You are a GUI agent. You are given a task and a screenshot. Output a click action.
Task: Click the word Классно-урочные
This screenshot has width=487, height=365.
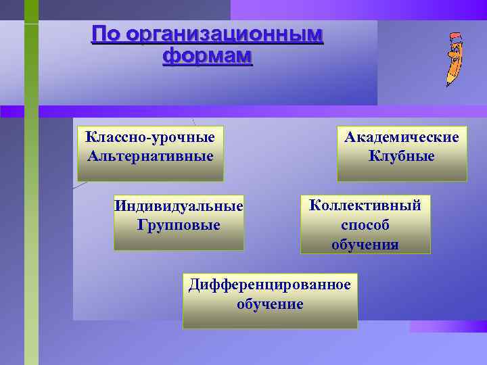tap(149, 137)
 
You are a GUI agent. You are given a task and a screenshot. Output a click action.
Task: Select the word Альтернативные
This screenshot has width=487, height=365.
tap(149, 156)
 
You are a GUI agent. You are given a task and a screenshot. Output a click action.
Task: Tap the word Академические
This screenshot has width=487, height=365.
tap(402, 137)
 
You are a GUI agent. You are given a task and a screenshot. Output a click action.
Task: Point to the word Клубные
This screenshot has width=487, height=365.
tap(402, 156)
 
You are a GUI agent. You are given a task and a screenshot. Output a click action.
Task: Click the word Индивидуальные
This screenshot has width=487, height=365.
tap(179, 205)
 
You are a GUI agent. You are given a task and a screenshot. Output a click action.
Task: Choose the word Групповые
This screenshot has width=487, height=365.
tap(179, 224)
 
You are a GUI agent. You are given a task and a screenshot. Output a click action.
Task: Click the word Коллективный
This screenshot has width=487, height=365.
tap(365, 205)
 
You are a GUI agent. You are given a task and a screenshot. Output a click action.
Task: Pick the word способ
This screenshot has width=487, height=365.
tap(365, 225)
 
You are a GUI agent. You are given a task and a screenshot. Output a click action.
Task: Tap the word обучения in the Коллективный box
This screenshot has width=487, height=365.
tap(365, 244)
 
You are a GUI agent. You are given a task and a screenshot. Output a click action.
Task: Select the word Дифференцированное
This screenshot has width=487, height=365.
tap(270, 285)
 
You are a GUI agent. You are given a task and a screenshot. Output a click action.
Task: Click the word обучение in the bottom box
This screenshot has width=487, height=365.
tap(270, 304)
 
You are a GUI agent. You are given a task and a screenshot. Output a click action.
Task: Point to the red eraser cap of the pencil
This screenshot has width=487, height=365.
tap(457, 37)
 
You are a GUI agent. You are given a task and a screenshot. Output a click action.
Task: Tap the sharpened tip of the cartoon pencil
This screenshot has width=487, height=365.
tap(448, 84)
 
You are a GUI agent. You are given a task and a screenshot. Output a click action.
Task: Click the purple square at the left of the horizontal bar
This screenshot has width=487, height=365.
tap(11, 112)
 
